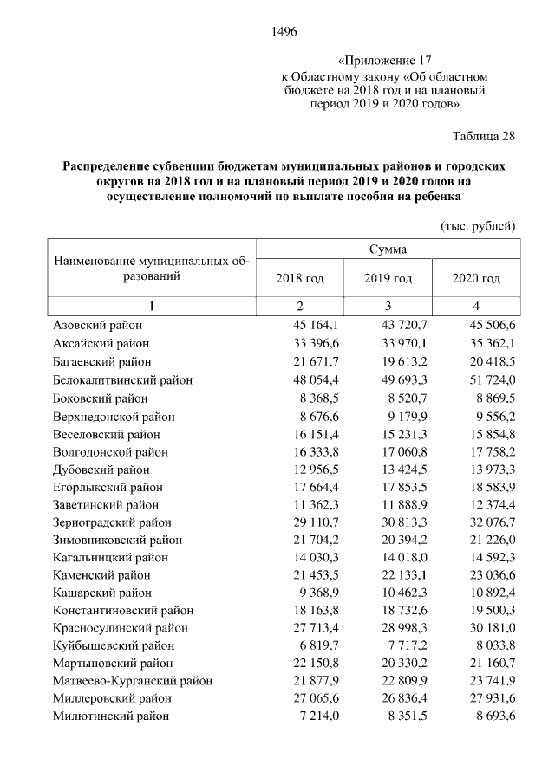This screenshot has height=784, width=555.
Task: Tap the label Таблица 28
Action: (484, 136)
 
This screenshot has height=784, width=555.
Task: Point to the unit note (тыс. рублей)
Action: (479, 225)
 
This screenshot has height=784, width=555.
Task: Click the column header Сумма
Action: (388, 249)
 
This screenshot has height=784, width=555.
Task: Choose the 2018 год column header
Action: (300, 278)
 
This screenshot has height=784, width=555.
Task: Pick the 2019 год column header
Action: (388, 278)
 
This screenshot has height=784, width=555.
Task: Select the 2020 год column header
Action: (477, 278)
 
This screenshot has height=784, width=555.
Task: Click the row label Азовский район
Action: (97, 325)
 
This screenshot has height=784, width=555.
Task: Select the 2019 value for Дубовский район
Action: (404, 470)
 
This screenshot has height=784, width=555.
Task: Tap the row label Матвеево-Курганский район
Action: (132, 680)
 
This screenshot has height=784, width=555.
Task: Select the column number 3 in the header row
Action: (388, 306)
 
